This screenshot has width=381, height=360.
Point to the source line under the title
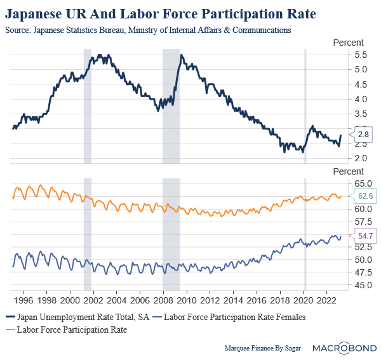coord(148,30)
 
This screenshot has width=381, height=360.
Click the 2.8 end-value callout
coord(363,135)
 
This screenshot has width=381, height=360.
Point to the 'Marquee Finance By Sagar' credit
coord(262,349)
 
